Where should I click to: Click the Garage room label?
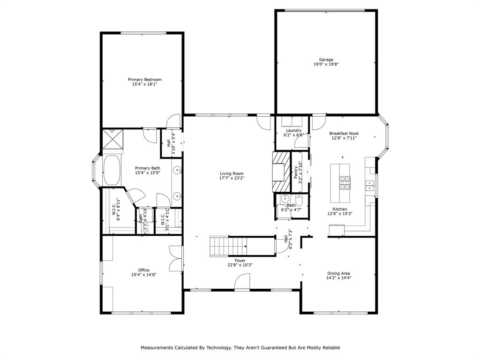pyautogui.click(x=326, y=60)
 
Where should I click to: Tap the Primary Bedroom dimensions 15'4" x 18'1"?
pyautogui.click(x=144, y=84)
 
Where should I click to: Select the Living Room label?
pyautogui.click(x=232, y=173)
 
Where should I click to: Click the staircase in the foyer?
pyautogui.click(x=228, y=245)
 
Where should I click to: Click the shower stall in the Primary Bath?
pyautogui.click(x=113, y=139)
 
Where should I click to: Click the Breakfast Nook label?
pyautogui.click(x=344, y=133)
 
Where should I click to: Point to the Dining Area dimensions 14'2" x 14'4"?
pyautogui.click(x=339, y=278)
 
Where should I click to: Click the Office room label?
pyautogui.click(x=144, y=270)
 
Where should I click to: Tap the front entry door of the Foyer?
pyautogui.click(x=243, y=282)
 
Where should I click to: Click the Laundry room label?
pyautogui.click(x=294, y=130)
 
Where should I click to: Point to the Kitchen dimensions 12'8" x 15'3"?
pyautogui.click(x=340, y=214)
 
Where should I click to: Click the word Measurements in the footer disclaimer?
pyautogui.click(x=159, y=348)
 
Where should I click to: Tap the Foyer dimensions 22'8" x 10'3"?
pyautogui.click(x=240, y=265)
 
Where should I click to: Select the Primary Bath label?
pyautogui.click(x=148, y=168)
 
